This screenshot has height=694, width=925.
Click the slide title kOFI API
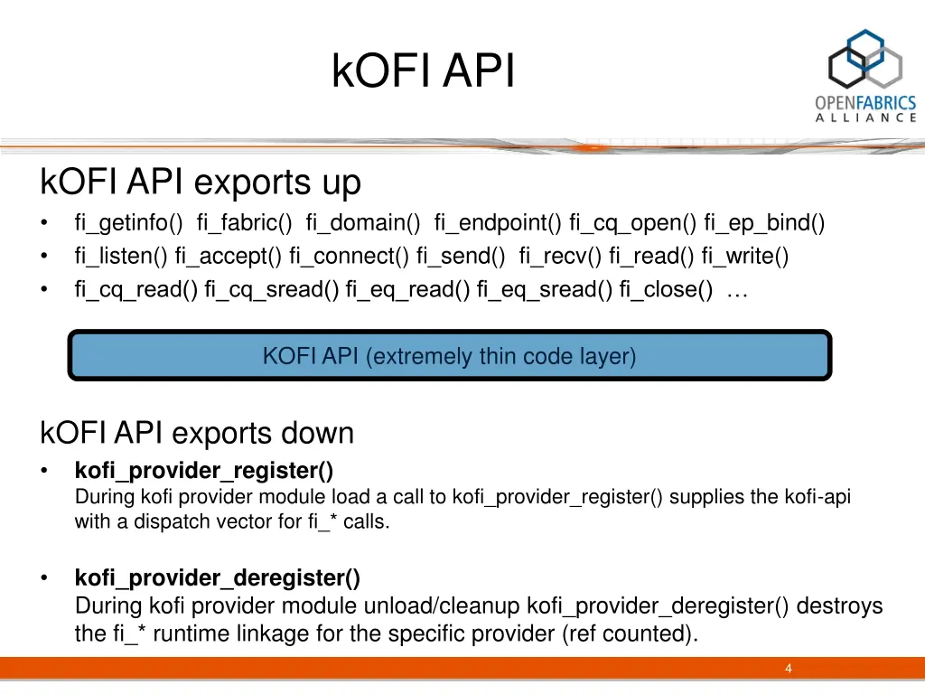click(423, 72)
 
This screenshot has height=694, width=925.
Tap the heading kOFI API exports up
click(201, 183)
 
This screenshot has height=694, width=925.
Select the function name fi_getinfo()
click(129, 223)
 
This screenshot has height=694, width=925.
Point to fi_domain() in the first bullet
click(363, 223)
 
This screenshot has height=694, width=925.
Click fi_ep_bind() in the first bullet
click(764, 223)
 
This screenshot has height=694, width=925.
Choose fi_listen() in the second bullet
click(121, 257)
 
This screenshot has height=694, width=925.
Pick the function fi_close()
click(666, 290)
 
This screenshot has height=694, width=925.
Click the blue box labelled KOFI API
click(449, 356)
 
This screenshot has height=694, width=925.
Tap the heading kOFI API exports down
click(197, 433)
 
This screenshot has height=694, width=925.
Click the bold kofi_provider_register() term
click(204, 471)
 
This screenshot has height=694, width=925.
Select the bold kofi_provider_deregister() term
click(218, 577)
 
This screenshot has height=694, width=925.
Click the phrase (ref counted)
click(630, 633)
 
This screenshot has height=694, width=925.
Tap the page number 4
click(789, 669)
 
